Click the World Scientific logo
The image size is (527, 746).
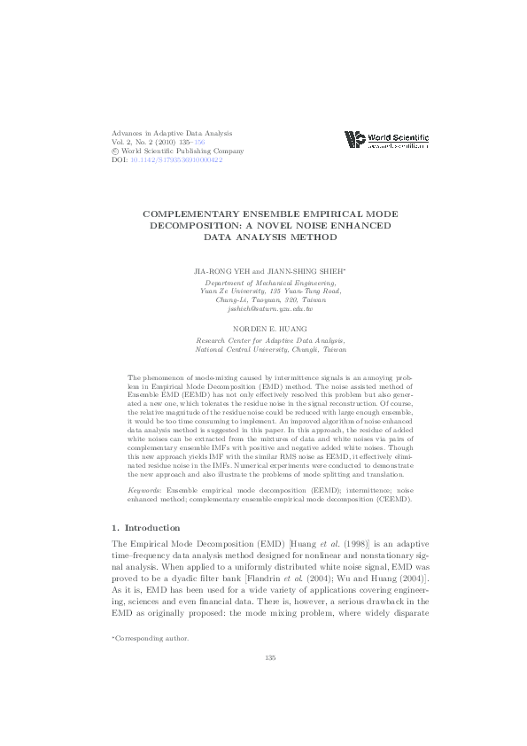coord(386,141)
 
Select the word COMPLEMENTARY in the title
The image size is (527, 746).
coord(194,215)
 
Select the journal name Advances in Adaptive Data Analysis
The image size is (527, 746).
coord(168,133)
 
